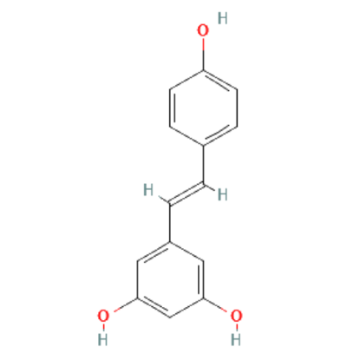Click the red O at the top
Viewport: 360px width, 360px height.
click(203, 30)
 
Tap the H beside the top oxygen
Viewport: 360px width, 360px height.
click(223, 18)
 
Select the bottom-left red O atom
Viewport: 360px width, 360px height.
click(103, 316)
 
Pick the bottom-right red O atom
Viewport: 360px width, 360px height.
click(236, 316)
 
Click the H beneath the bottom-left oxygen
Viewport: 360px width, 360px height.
click(102, 339)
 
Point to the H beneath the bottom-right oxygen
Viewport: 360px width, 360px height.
click(236, 339)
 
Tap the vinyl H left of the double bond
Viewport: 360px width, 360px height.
click(148, 190)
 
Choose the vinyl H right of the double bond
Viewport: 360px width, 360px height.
click(223, 194)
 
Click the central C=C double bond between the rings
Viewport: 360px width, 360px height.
click(187, 193)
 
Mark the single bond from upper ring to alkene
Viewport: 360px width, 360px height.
click(203, 165)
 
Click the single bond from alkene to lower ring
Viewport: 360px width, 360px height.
click(169, 222)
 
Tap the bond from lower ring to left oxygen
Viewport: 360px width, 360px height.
click(125, 304)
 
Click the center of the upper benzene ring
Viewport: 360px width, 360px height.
click(203, 108)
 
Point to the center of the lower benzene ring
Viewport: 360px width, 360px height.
click(170, 279)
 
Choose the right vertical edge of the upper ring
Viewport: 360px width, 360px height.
click(237, 108)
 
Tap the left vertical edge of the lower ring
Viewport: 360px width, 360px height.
click(137, 279)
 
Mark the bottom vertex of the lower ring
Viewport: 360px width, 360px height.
click(170, 317)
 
